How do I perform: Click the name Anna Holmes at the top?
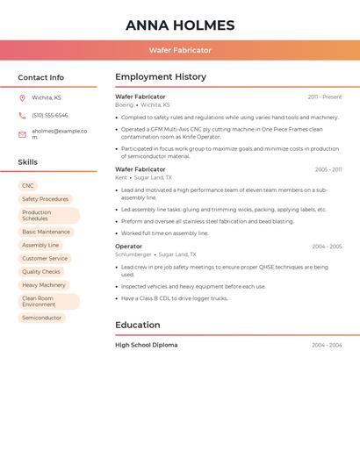point(180,25)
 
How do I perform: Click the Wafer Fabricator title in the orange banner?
point(180,50)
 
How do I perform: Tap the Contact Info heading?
point(40,77)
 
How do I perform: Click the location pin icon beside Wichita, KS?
point(22,98)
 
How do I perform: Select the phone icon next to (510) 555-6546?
point(22,116)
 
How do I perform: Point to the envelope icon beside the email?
point(22,134)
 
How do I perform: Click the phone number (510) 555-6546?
point(50,116)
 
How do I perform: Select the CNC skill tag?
point(28,186)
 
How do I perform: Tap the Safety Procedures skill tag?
point(45,199)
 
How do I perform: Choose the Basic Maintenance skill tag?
point(46,232)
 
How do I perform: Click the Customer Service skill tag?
point(45,259)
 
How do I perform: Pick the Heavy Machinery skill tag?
point(44,285)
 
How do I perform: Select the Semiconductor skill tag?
point(42,318)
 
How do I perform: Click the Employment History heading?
point(161,77)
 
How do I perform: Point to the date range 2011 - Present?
point(325,97)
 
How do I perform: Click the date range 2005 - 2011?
point(328,169)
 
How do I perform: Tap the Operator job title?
point(128,247)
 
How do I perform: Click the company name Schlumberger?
point(133,254)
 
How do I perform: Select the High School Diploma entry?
point(146,345)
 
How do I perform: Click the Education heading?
point(138,325)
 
